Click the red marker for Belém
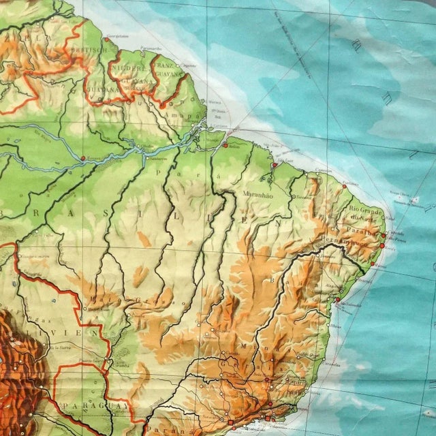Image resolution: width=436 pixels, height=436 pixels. [225, 144]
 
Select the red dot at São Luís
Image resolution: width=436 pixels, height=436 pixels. [274, 165]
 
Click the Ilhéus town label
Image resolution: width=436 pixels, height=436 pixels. [334, 326]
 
